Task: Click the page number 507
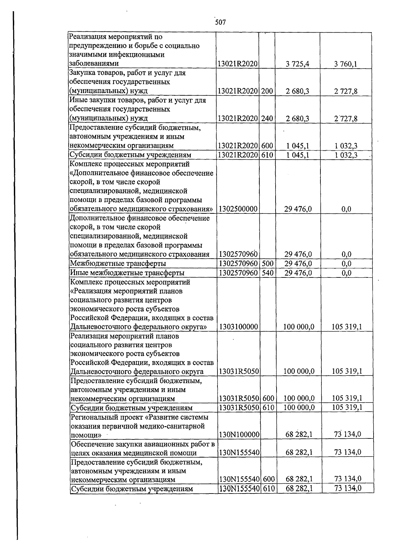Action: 220,22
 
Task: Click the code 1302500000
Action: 238,209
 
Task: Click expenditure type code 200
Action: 267,91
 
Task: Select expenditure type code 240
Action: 267,119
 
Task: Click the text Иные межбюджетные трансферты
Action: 127,273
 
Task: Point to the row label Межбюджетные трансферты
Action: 118,264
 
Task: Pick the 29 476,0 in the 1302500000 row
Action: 298,209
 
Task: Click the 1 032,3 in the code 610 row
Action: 346,155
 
